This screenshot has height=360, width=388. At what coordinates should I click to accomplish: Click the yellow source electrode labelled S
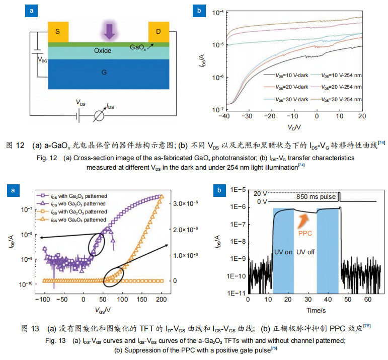point(58,32)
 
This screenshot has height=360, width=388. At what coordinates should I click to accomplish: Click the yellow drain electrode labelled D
point(159,32)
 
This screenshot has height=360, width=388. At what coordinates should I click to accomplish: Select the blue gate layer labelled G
point(104,73)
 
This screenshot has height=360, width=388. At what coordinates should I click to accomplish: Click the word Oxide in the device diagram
point(103,51)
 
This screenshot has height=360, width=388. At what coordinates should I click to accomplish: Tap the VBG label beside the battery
point(44,60)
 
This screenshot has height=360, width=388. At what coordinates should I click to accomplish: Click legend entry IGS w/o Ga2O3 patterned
point(78,220)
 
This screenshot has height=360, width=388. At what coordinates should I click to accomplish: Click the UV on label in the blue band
point(283,251)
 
